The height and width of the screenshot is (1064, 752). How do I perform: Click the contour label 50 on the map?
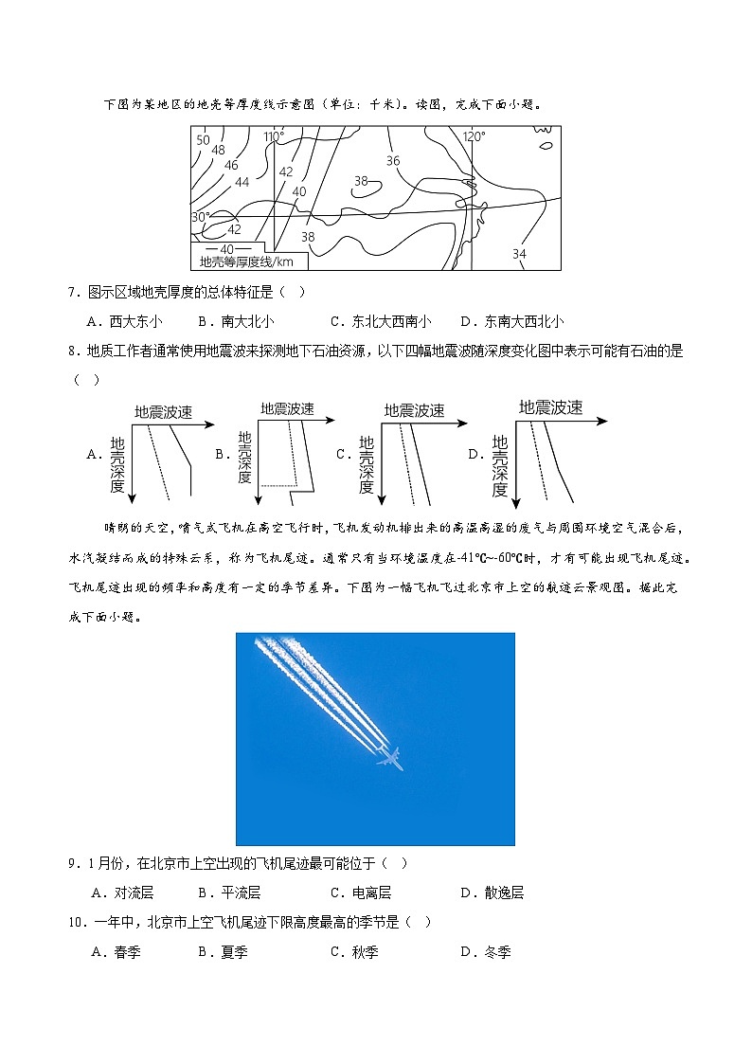pos(203,140)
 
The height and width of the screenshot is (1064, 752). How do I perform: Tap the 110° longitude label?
pos(274,137)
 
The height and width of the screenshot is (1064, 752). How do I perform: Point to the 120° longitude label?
pos(474,136)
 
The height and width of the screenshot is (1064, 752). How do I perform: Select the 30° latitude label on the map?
pos(201,217)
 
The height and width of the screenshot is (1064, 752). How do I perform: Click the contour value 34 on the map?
pos(519,254)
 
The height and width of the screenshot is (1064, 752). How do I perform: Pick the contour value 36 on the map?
pos(393,161)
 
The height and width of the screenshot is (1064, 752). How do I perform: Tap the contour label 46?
pos(231,165)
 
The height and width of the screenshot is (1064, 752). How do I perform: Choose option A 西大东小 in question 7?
pos(125,321)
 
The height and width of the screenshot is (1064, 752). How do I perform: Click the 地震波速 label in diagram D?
pos(550,407)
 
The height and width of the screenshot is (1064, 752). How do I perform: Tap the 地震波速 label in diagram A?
pos(163,412)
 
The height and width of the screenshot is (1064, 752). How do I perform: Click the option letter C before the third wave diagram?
pos(343,454)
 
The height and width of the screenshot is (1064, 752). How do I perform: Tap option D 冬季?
pos(485,952)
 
